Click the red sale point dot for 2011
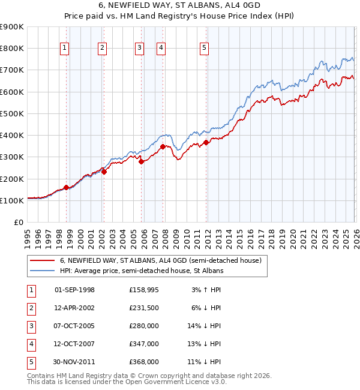pos(206,142)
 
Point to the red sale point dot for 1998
pos(66,187)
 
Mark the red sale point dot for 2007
pos(163,146)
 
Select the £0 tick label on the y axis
pos(18,223)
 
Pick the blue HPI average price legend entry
pos(141,271)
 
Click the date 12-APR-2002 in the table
pos(74,308)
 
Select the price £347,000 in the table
pos(144,344)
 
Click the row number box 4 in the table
pos(31,344)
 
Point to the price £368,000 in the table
pos(144,362)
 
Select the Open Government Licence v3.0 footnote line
pos(127,382)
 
